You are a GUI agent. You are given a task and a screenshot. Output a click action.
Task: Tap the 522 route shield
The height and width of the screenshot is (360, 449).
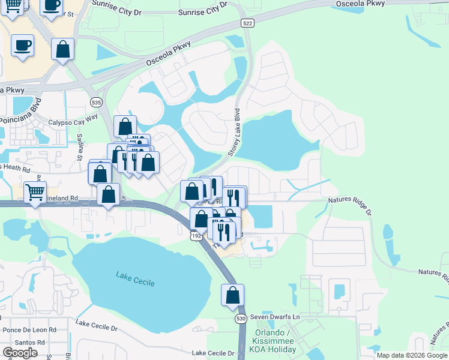[247, 23]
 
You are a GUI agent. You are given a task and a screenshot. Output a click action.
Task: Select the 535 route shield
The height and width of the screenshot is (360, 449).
[96, 103]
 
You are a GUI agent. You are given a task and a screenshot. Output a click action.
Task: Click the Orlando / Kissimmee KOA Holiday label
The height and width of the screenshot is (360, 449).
[276, 341]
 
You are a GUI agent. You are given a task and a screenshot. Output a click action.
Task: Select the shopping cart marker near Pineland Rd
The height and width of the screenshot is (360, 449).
[35, 193]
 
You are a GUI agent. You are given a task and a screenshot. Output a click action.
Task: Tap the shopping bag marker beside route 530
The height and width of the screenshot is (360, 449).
[232, 295]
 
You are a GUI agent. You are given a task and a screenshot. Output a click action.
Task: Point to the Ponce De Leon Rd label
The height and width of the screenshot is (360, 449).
[29, 330]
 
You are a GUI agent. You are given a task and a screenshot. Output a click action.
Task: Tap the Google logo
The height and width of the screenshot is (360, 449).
[20, 353]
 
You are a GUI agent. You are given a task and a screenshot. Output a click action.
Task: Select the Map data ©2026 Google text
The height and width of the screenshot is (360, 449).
[412, 355]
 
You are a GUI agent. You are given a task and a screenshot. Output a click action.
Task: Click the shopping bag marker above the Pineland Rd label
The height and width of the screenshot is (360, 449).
[108, 194]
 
